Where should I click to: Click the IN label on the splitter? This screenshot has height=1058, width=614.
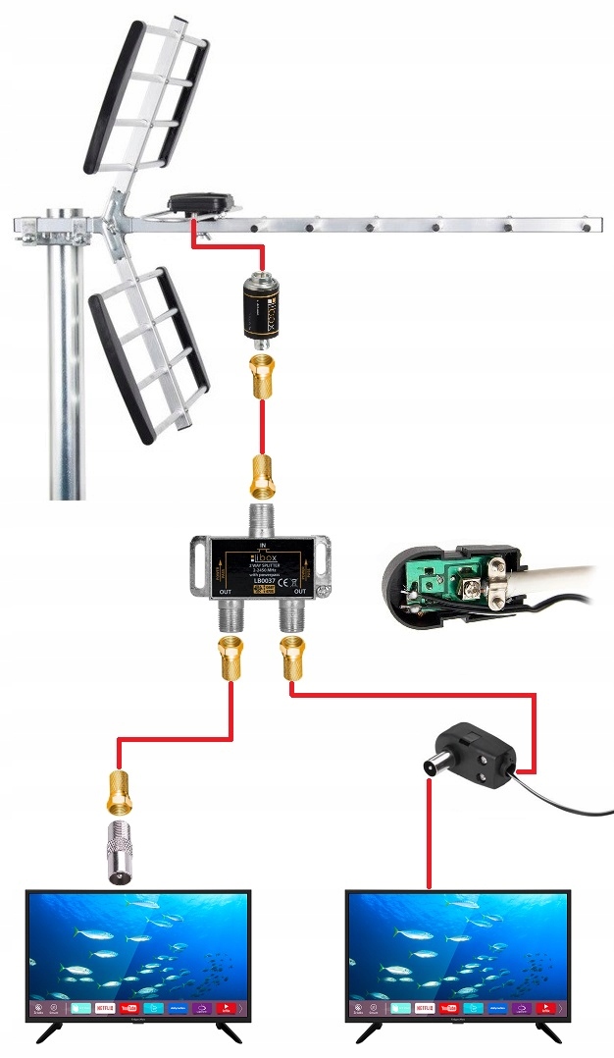coord(262,543)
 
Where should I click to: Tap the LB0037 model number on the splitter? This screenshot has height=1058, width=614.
coord(262,581)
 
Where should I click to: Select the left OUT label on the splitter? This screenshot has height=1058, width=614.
coord(225,592)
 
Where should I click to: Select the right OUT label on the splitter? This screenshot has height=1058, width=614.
coord(299,592)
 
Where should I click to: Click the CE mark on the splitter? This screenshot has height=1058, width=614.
coord(290,580)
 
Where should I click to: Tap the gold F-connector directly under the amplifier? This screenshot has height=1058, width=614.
coord(262,377)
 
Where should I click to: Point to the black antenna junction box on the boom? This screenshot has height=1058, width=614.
coord(201,203)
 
